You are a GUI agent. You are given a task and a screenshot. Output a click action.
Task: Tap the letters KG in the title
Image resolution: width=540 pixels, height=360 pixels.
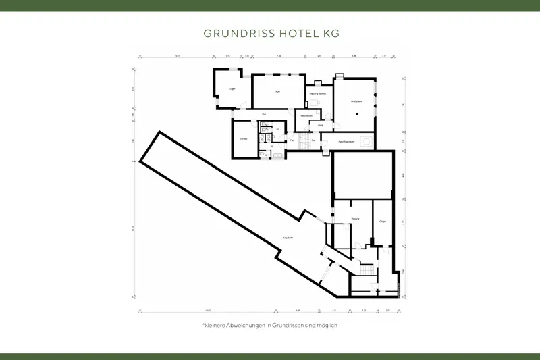(x=327, y=32)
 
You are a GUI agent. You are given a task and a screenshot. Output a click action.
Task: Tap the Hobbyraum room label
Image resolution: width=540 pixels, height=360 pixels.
(x=356, y=101)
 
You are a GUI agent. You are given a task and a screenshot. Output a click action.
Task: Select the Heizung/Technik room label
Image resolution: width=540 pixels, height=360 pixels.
(x=318, y=93)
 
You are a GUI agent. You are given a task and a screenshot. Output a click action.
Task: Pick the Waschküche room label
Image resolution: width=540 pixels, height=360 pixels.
(x=306, y=115)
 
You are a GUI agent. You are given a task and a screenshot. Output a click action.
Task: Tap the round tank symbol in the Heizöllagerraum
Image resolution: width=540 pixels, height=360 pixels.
(x=365, y=142)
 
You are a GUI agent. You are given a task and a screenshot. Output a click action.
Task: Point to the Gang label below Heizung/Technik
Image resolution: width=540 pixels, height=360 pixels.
(x=321, y=125)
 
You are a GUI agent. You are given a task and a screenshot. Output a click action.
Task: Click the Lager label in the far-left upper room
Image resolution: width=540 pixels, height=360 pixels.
(x=232, y=88)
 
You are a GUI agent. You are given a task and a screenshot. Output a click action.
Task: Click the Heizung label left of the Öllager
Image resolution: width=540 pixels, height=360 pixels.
(x=355, y=220)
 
